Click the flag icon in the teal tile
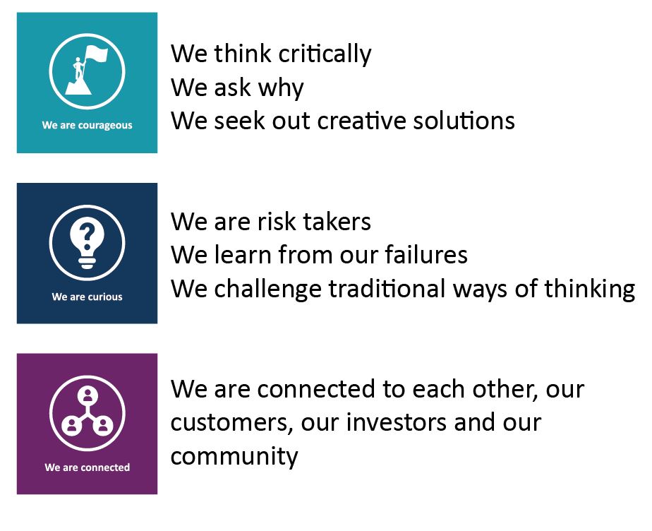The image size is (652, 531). [87, 71]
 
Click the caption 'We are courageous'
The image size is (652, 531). [87, 126]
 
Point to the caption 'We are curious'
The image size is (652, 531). [87, 297]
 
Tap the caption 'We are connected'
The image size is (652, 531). [87, 467]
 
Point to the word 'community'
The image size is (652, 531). [234, 457]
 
